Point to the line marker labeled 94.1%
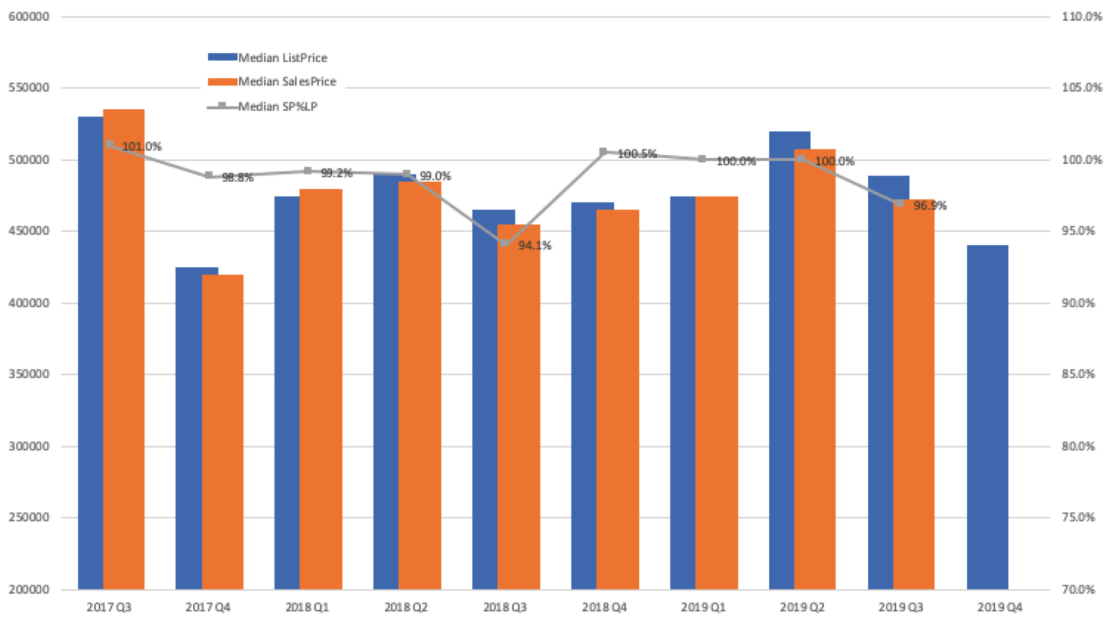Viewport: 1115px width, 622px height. click(504, 243)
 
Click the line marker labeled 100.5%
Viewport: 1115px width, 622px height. click(603, 152)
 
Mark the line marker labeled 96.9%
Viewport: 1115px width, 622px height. click(900, 202)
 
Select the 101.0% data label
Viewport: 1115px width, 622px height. click(141, 147)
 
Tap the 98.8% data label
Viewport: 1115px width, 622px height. click(237, 177)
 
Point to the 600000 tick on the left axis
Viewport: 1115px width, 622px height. click(28, 17)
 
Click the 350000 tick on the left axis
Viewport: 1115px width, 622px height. click(28, 373)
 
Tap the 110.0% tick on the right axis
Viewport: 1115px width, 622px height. click(1081, 17)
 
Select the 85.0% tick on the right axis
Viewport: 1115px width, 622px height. click(1078, 373)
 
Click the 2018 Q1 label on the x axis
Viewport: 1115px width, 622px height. click(307, 607)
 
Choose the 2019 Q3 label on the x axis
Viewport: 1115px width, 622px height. click(901, 607)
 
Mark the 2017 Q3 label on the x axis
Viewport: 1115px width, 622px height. click(109, 607)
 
